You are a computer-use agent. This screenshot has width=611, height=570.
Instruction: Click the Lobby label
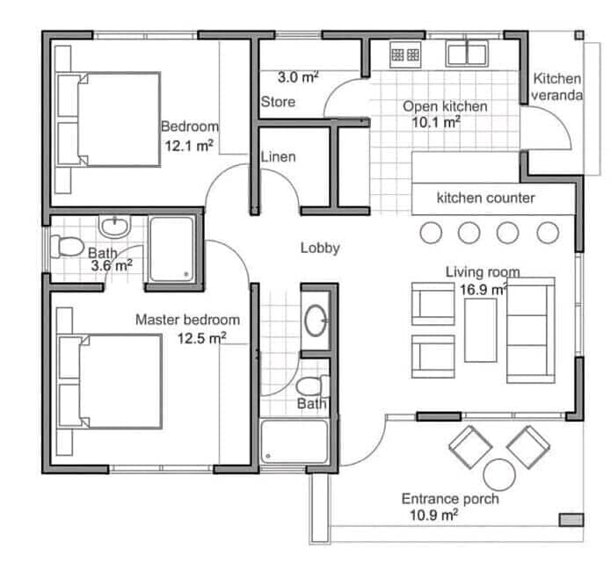coord(320,248)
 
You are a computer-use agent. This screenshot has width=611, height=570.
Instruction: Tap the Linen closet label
coord(278,157)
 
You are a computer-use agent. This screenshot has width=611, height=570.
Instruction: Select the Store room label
coord(278,102)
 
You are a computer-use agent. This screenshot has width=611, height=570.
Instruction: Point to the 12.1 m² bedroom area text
coord(189,146)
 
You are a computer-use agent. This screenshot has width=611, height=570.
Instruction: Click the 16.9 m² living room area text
coord(484,290)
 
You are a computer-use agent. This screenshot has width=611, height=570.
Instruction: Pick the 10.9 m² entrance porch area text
coord(433,515)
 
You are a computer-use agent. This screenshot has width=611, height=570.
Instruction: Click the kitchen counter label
coord(485,198)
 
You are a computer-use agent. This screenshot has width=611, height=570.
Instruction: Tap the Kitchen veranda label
coord(557,87)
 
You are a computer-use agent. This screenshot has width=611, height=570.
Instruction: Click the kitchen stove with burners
coord(405,54)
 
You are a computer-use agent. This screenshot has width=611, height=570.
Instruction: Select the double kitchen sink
coord(467,54)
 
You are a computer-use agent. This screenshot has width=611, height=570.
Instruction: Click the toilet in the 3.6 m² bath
coord(67,247)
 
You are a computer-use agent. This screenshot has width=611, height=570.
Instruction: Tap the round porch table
coord(499,475)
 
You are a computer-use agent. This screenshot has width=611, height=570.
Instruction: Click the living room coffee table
coord(481,330)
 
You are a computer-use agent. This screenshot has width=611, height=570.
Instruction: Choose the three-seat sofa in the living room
coord(531,330)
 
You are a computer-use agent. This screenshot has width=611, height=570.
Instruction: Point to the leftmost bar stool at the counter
coord(431,233)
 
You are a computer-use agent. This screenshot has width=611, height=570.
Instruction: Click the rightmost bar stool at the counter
coord(548,233)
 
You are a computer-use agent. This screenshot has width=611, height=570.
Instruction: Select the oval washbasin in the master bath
coord(316,321)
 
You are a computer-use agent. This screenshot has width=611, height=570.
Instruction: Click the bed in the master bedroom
coord(110,381)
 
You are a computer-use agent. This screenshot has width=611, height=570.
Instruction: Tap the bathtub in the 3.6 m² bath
coord(171,249)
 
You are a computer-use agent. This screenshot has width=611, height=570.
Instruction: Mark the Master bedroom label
coord(187,320)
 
